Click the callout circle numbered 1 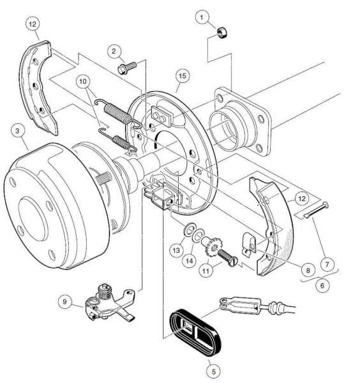click(202, 17)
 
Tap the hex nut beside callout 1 click(222, 33)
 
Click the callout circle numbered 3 click(17, 131)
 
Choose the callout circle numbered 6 click(322, 285)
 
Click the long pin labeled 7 click(316, 209)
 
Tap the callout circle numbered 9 click(64, 302)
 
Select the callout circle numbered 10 click(83, 81)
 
